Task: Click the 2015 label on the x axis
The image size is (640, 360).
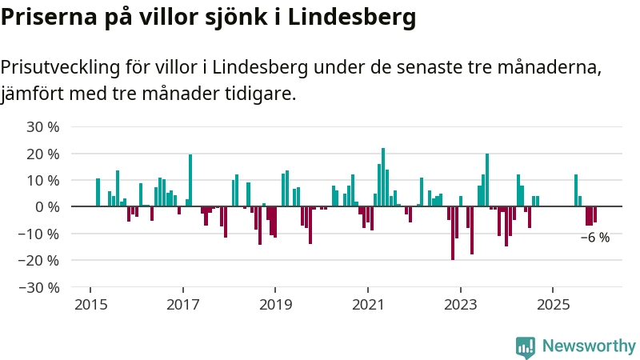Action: (x=90, y=305)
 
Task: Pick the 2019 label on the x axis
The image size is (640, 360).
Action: (x=275, y=305)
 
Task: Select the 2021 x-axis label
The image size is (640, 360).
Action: (x=368, y=305)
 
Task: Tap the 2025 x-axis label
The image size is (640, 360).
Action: (x=553, y=305)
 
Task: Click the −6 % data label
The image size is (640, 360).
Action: (x=595, y=238)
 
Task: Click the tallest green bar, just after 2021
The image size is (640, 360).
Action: (x=383, y=177)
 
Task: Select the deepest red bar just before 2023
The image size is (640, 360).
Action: (x=453, y=233)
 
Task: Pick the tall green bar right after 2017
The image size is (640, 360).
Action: (x=190, y=180)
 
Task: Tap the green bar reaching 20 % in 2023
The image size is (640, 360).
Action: (x=487, y=180)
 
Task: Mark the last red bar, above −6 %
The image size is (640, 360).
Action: (x=595, y=214)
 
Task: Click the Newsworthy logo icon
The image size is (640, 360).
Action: (x=526, y=346)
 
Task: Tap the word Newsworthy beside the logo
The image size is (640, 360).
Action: (x=589, y=346)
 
